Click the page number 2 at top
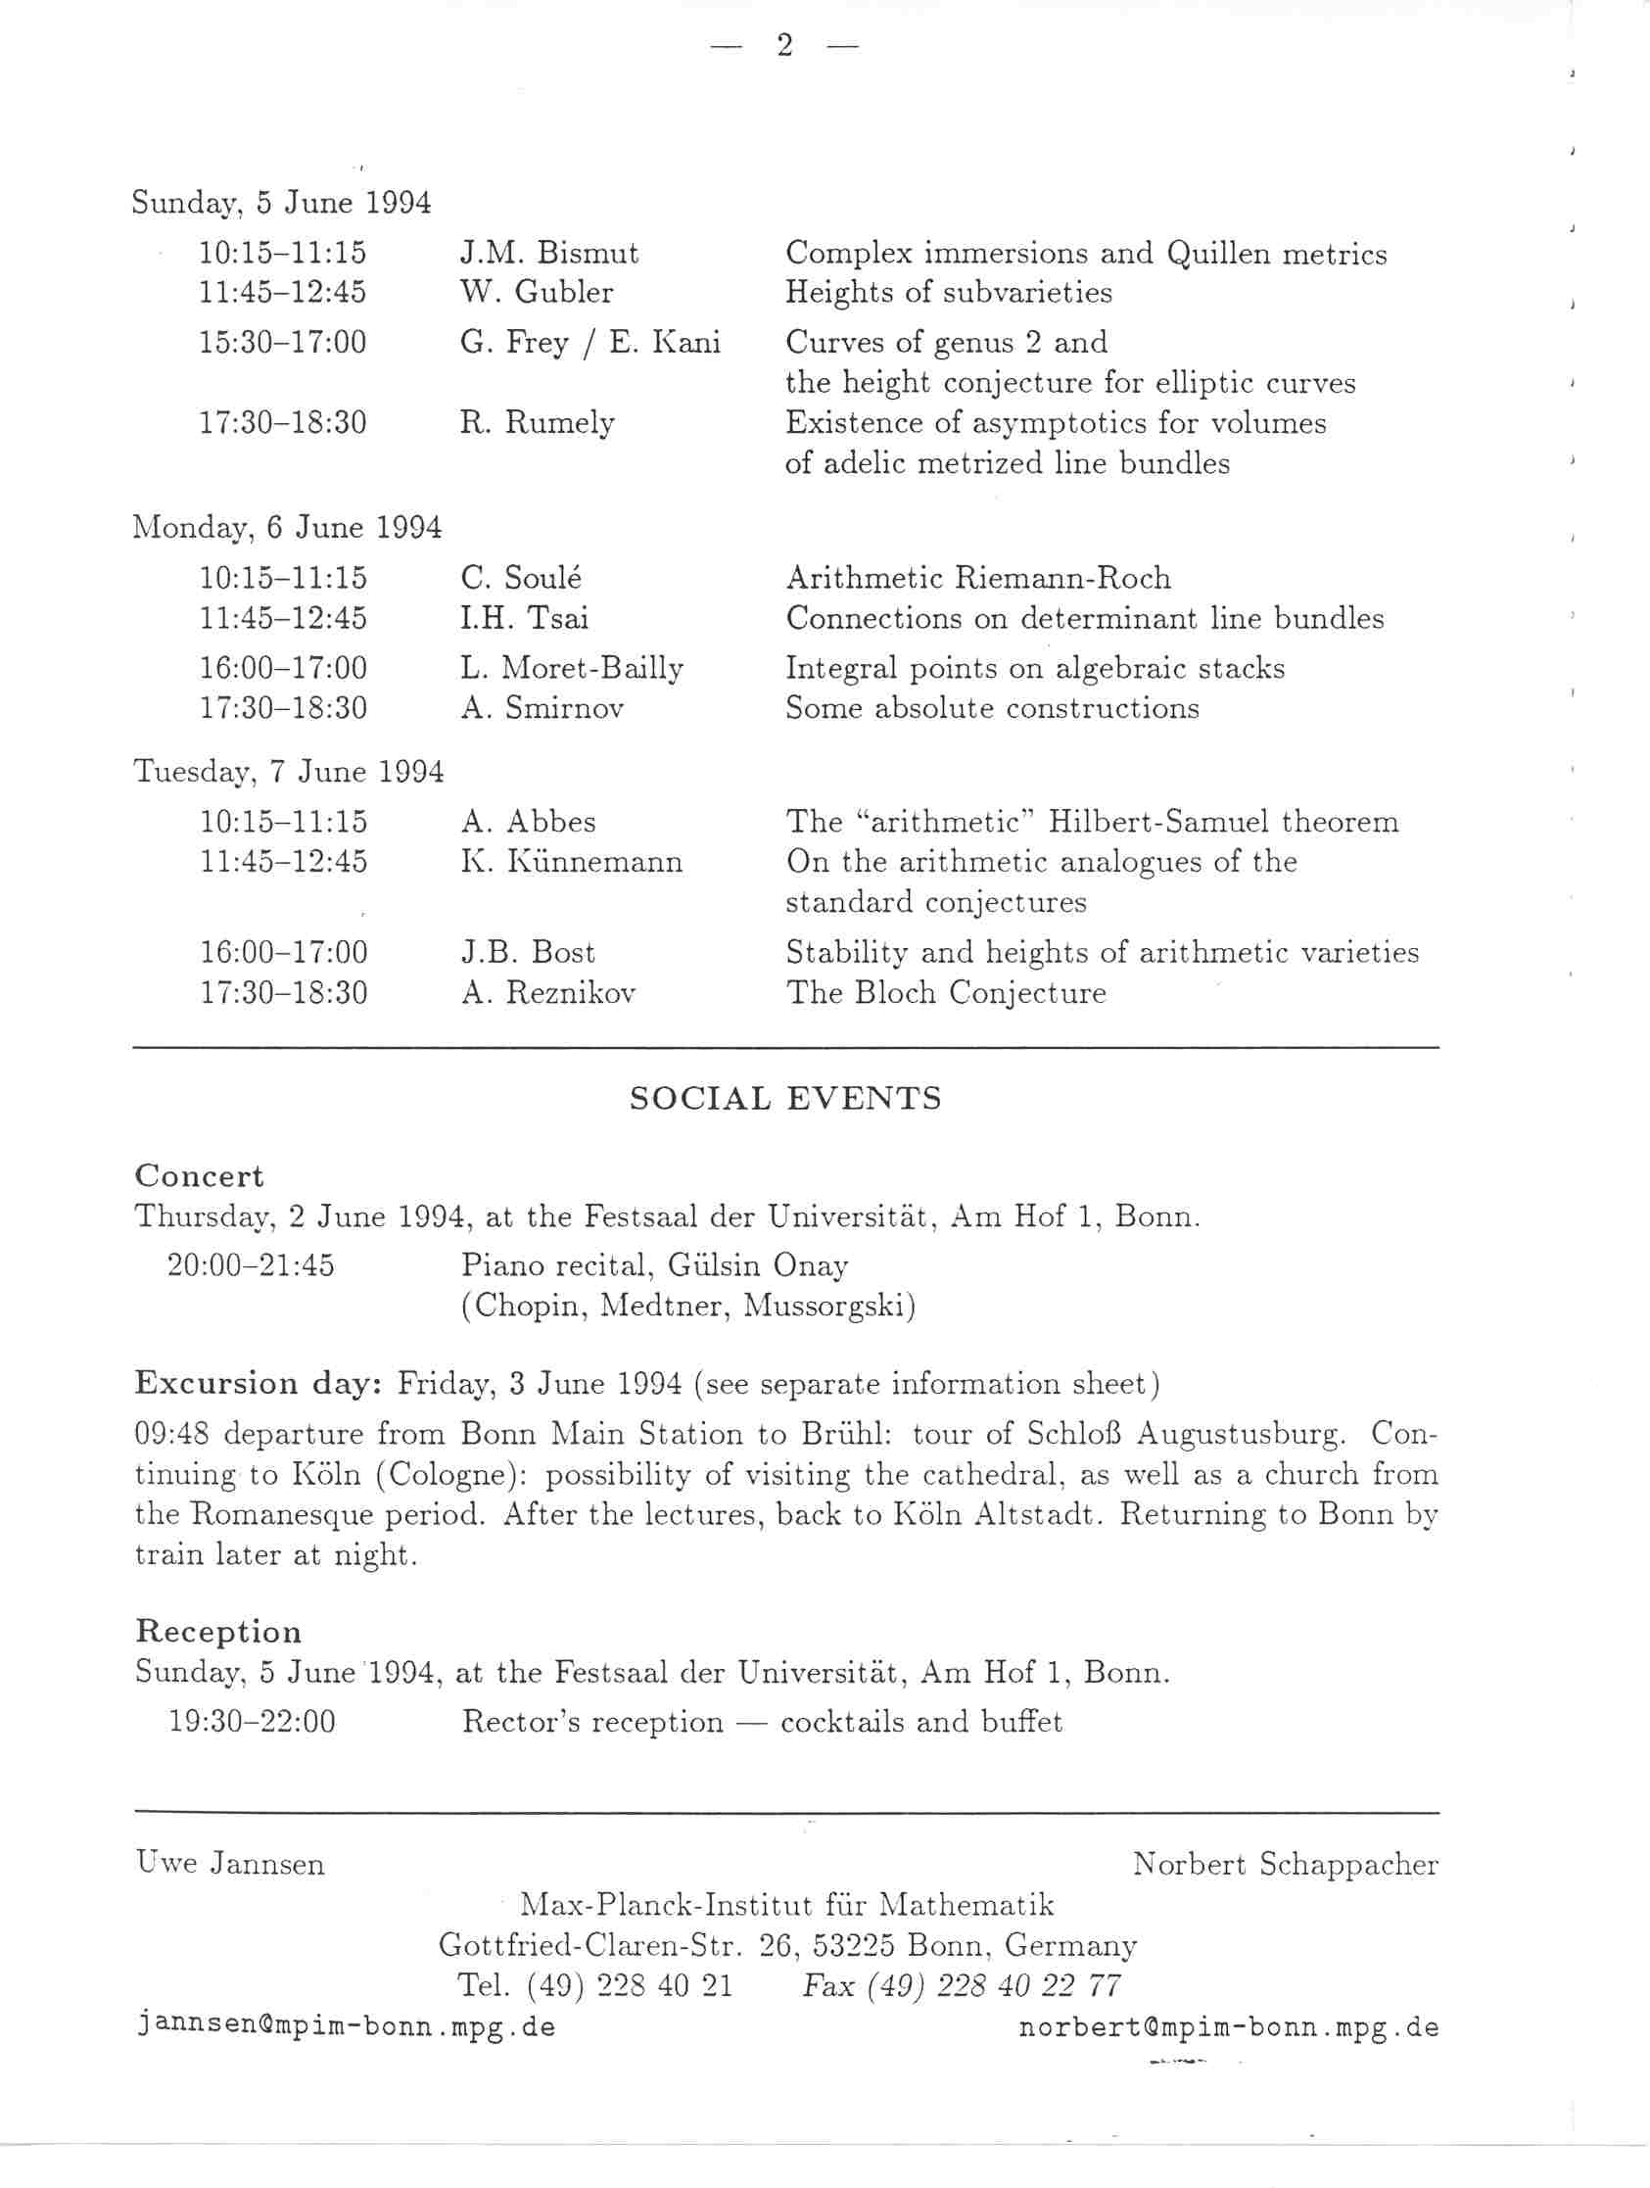coord(784,45)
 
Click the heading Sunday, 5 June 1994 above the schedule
coord(282,203)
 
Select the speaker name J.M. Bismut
coord(549,254)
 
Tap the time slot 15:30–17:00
coord(283,342)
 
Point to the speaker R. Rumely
coord(538,423)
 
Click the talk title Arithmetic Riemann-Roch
coord(977,578)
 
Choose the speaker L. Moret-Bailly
coord(572,669)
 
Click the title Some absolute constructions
coord(991,708)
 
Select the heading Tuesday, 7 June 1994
coord(288,772)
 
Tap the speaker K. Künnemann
coord(572,862)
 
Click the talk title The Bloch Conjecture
coord(946,992)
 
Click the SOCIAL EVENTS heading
coord(785,1099)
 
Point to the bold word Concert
coord(199,1176)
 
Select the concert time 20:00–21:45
coord(251,1265)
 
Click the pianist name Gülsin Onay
coord(759,1266)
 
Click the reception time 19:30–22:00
coord(253,1722)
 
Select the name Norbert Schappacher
coord(1285,1865)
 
